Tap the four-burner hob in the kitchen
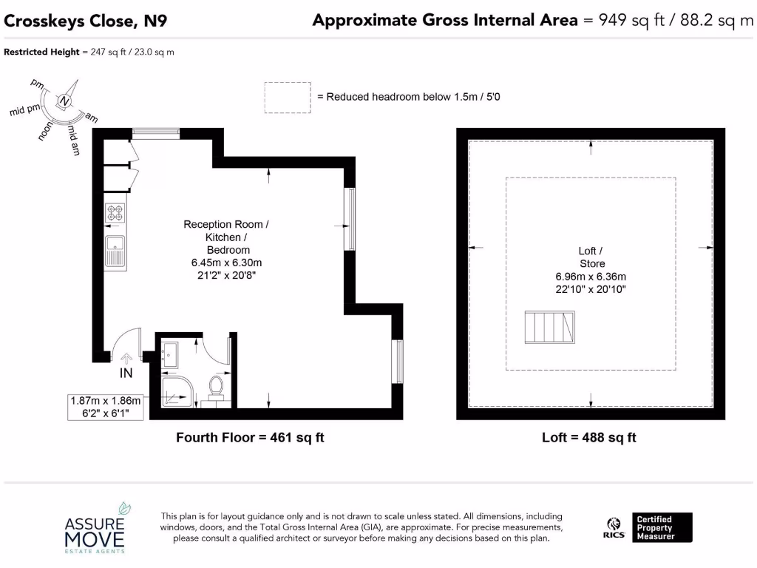pyautogui.click(x=115, y=213)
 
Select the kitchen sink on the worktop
pyautogui.click(x=115, y=250)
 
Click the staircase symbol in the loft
pyautogui.click(x=550, y=328)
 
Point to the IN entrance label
pyautogui.click(x=126, y=373)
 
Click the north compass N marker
pyautogui.click(x=65, y=101)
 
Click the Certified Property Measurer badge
pyautogui.click(x=662, y=527)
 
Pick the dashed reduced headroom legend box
pyautogui.click(x=288, y=97)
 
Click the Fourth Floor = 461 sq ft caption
pyautogui.click(x=250, y=437)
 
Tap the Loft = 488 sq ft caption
pyautogui.click(x=589, y=437)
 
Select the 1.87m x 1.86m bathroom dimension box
pyautogui.click(x=105, y=407)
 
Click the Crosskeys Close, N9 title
pyautogui.click(x=86, y=21)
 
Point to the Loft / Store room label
pyautogui.click(x=591, y=257)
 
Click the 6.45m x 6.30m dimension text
pyautogui.click(x=227, y=263)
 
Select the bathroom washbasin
pyautogui.click(x=170, y=355)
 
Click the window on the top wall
pyautogui.click(x=155, y=133)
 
